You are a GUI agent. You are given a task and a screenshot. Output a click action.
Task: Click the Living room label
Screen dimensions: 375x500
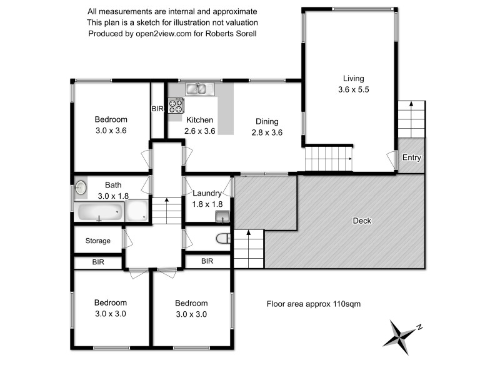(353, 79)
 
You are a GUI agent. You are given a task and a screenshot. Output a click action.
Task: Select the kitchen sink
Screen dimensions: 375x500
(197, 89)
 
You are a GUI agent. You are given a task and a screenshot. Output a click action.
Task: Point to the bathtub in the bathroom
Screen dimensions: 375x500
(99, 213)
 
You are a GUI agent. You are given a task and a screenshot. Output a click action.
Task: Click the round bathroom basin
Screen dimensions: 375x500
(81, 186)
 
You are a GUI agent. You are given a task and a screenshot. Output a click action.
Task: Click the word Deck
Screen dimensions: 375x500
(362, 221)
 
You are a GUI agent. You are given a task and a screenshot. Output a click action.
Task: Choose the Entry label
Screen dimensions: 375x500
(412, 157)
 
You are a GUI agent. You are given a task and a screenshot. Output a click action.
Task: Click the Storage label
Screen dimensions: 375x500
(98, 241)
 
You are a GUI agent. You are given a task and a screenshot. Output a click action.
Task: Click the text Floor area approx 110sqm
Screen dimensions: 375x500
(314, 304)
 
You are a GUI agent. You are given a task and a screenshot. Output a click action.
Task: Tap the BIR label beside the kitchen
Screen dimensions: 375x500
(157, 109)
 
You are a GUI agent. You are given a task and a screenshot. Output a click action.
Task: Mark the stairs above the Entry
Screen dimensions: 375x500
(411, 119)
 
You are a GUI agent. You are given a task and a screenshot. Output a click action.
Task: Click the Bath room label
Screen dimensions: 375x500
(113, 185)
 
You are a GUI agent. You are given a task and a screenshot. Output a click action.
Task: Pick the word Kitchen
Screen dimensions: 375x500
(199, 120)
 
